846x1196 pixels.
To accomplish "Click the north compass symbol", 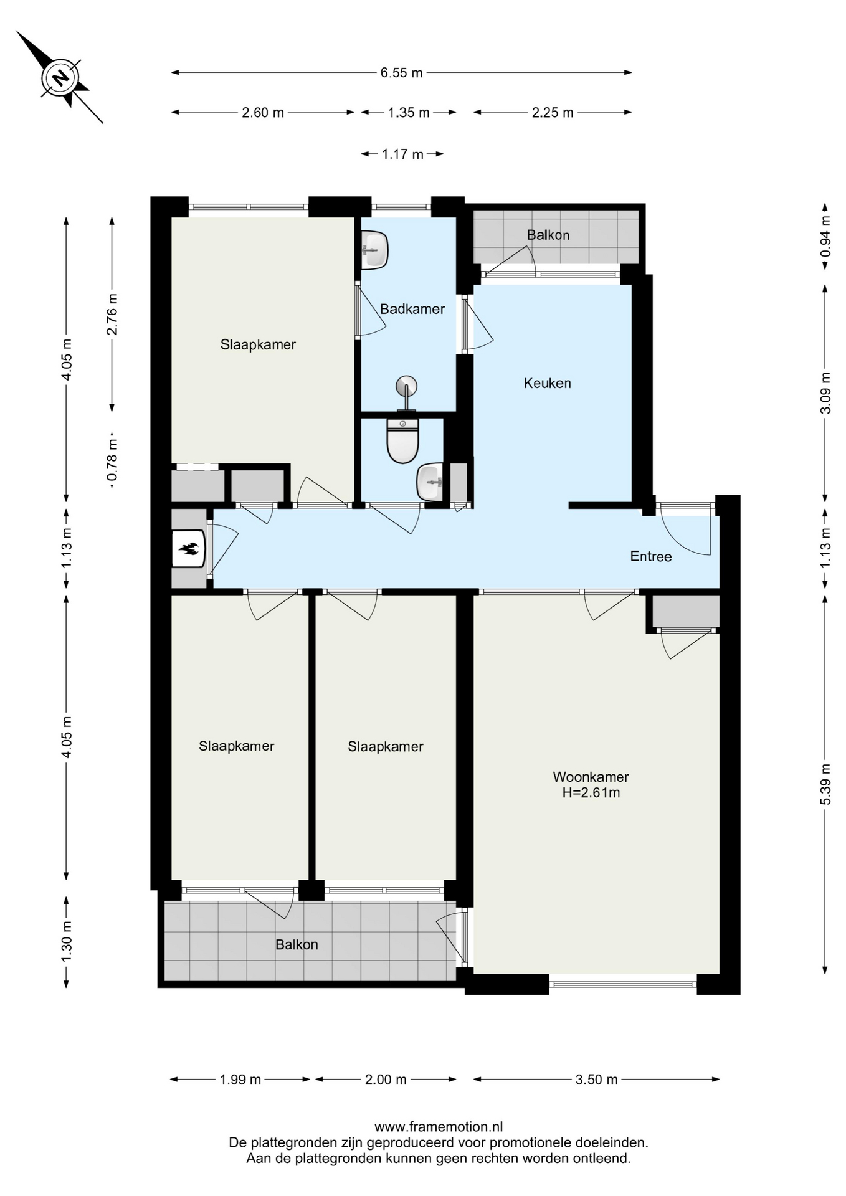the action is (x=60, y=78).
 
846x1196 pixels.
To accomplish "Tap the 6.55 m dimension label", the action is (x=402, y=73).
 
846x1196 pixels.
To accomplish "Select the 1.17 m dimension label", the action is (x=402, y=154).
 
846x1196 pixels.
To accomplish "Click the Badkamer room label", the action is (x=412, y=309).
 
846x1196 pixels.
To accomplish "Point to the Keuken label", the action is (x=548, y=383).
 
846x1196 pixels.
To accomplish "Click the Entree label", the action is (x=651, y=556).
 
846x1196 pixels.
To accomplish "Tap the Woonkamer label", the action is (x=591, y=777).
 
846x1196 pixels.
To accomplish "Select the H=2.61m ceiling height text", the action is (x=591, y=793).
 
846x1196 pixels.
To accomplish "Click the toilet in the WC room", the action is (x=403, y=441).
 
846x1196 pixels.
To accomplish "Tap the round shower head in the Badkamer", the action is (x=406, y=386).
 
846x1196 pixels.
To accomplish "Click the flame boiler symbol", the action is (x=188, y=549).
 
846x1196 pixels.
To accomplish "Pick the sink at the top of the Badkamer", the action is (x=375, y=250).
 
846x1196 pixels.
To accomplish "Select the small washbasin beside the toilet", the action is (x=430, y=482).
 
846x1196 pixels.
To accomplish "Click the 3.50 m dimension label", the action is (x=597, y=1080).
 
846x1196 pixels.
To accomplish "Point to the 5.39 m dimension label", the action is (x=825, y=784).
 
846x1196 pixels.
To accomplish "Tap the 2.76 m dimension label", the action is (x=112, y=314).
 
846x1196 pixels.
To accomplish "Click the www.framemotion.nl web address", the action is (x=439, y=1126).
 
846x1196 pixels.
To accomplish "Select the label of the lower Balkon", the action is (x=297, y=944).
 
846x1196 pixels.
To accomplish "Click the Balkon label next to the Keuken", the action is (x=548, y=235).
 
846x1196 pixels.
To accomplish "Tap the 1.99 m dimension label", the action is (x=240, y=1080).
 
